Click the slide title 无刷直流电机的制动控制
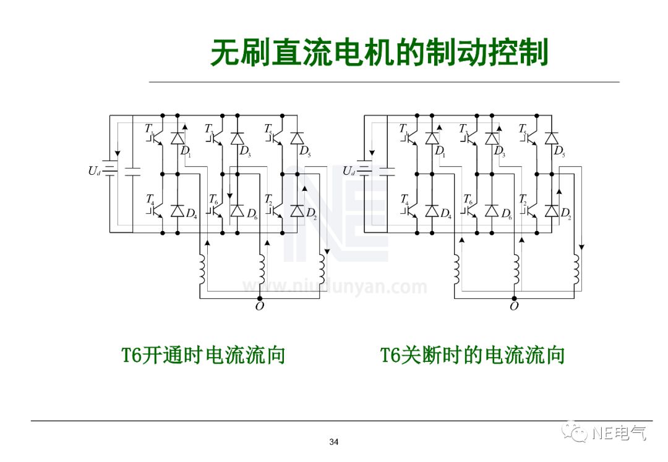(379, 53)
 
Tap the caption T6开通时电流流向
(203, 356)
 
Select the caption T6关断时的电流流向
(473, 356)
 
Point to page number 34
(334, 442)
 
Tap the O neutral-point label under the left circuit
(259, 306)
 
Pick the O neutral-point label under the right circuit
(514, 306)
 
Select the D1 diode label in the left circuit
(186, 151)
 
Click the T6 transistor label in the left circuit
(213, 199)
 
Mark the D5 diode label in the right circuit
(559, 151)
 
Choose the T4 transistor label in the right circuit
(405, 199)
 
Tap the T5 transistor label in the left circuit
(268, 129)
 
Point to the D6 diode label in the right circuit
(506, 214)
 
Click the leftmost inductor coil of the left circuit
(202, 268)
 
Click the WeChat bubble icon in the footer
(579, 433)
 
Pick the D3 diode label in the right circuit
(499, 151)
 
